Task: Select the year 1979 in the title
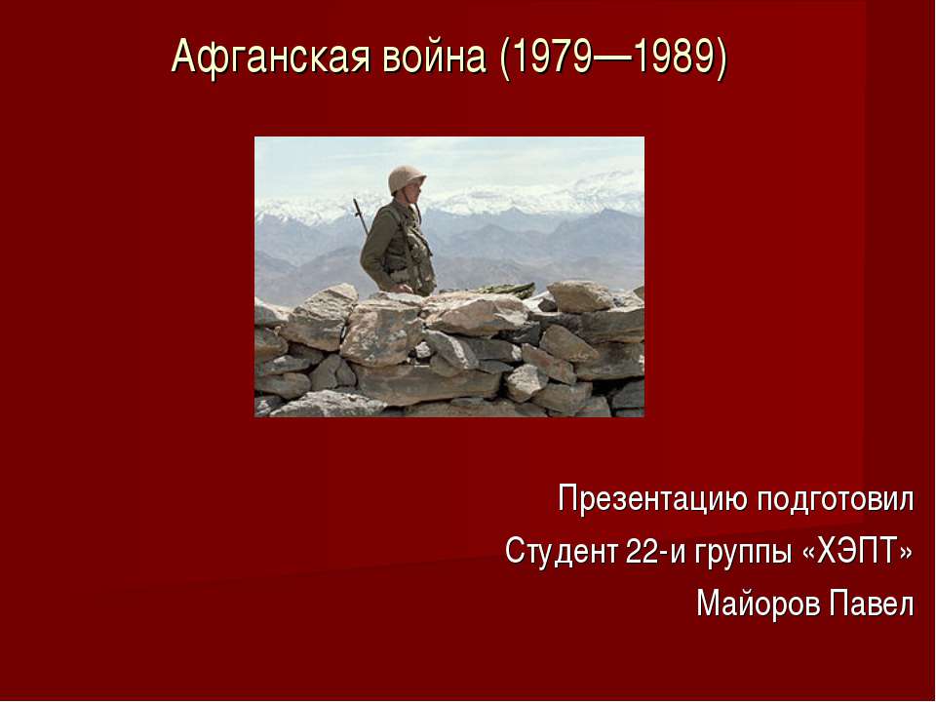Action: [547, 58]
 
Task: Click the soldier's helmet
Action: [407, 178]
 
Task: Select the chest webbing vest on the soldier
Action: [409, 244]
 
